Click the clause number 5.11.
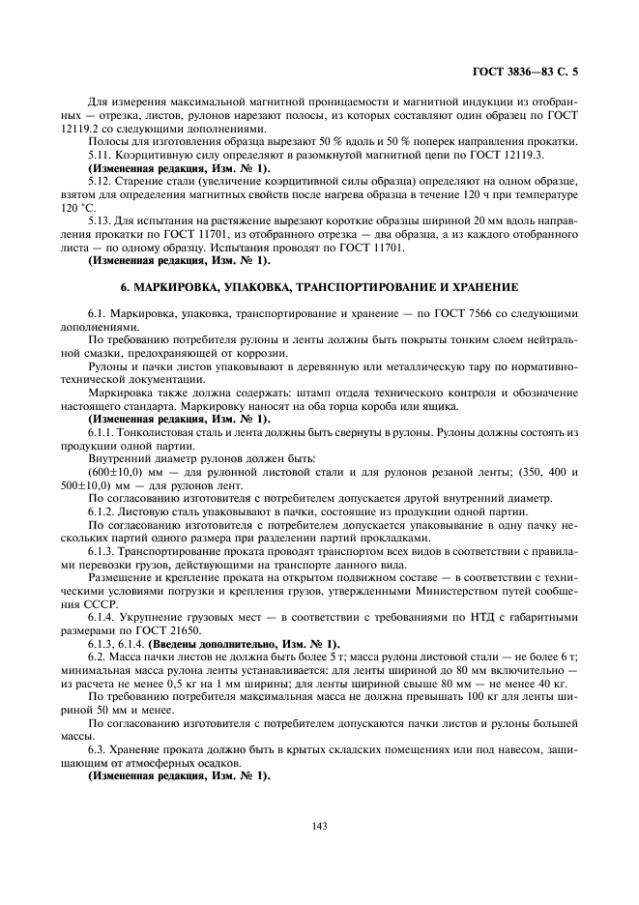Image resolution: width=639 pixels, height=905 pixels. pyautogui.click(x=102, y=155)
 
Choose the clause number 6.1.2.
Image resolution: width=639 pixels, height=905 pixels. pyautogui.click(x=105, y=511)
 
